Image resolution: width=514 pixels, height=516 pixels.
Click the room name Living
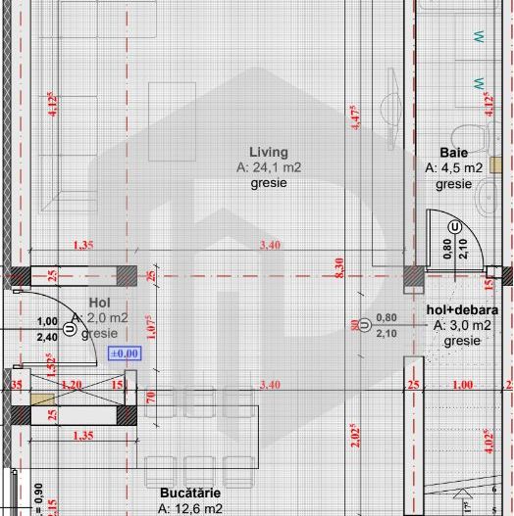click(269, 152)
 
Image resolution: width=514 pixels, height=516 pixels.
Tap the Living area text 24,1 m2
click(269, 167)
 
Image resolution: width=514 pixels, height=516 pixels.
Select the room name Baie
click(453, 153)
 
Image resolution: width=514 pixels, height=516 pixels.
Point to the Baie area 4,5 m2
click(453, 168)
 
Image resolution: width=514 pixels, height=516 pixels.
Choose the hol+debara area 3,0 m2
click(462, 325)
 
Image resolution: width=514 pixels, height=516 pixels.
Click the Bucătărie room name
click(189, 493)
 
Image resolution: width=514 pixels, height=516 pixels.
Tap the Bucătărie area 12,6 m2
click(189, 508)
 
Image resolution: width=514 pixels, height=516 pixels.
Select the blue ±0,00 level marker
click(126, 353)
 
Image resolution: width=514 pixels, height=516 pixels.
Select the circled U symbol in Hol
click(69, 330)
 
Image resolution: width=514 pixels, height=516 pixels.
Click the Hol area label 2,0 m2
click(102, 318)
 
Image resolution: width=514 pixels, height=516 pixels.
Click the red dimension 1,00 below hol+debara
click(462, 385)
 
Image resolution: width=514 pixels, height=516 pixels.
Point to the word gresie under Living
click(269, 183)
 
